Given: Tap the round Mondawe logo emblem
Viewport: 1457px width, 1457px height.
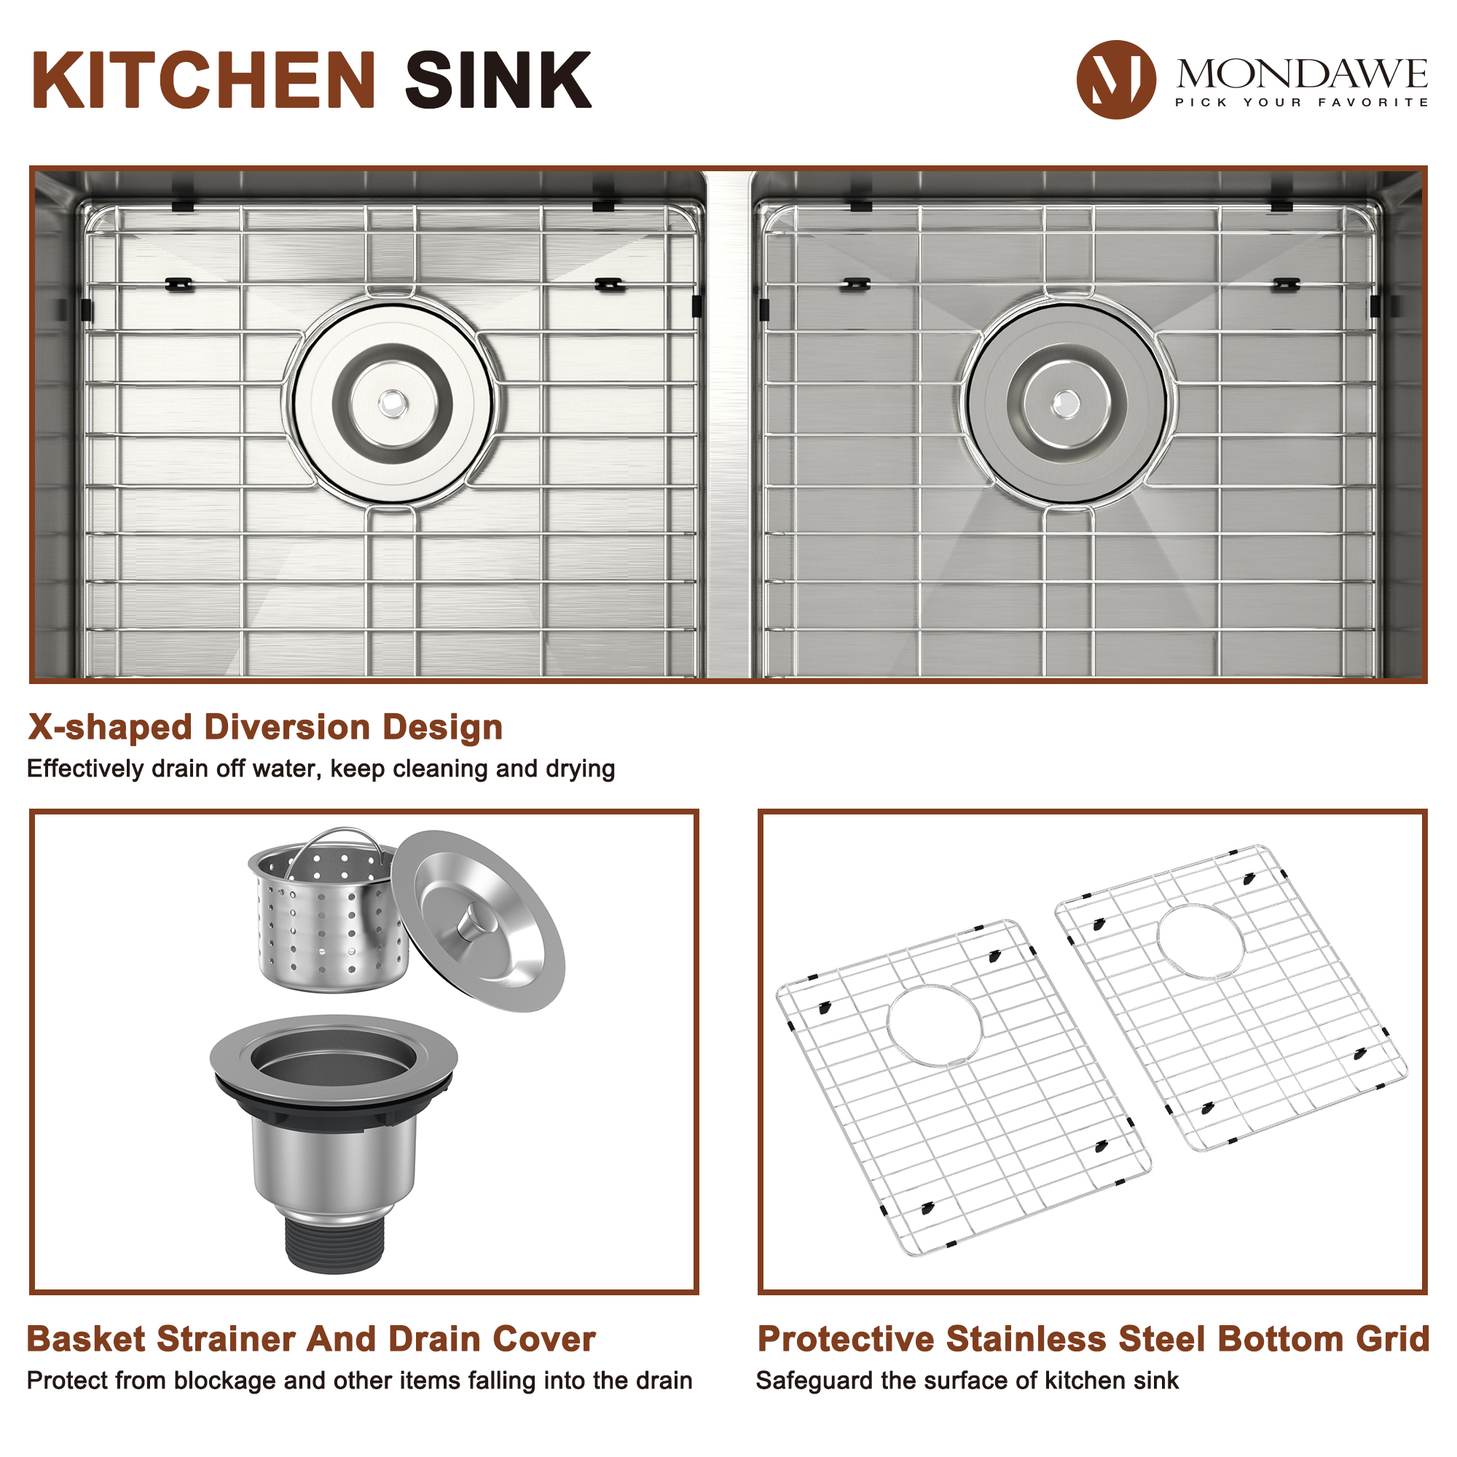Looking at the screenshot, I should tap(1115, 79).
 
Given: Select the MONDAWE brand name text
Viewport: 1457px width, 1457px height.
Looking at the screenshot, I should tap(1302, 74).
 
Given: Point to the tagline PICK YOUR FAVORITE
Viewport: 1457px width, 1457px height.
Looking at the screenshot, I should tap(1302, 103).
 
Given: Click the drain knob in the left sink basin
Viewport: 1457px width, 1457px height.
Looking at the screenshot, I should tap(392, 403).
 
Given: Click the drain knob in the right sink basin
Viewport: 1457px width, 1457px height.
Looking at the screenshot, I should tap(1065, 403).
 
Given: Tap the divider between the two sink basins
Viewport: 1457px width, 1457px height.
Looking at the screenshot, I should tap(729, 423).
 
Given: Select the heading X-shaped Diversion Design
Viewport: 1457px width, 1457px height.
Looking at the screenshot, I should tap(265, 728).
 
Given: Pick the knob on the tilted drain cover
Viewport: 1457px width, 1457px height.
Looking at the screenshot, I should tap(475, 922).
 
